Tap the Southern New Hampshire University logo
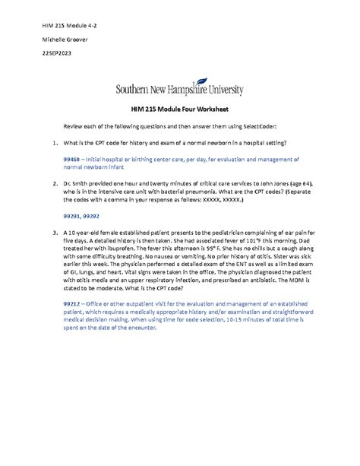click(179, 89)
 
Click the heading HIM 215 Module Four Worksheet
click(180, 110)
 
